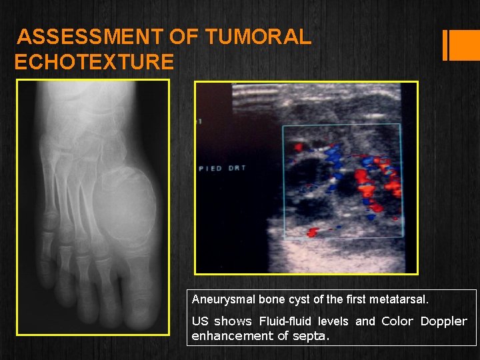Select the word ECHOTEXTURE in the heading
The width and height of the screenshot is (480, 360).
(94, 62)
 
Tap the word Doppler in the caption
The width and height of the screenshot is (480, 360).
(443, 321)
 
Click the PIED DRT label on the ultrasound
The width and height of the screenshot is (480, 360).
(223, 169)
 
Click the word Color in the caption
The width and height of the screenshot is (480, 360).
(397, 321)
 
